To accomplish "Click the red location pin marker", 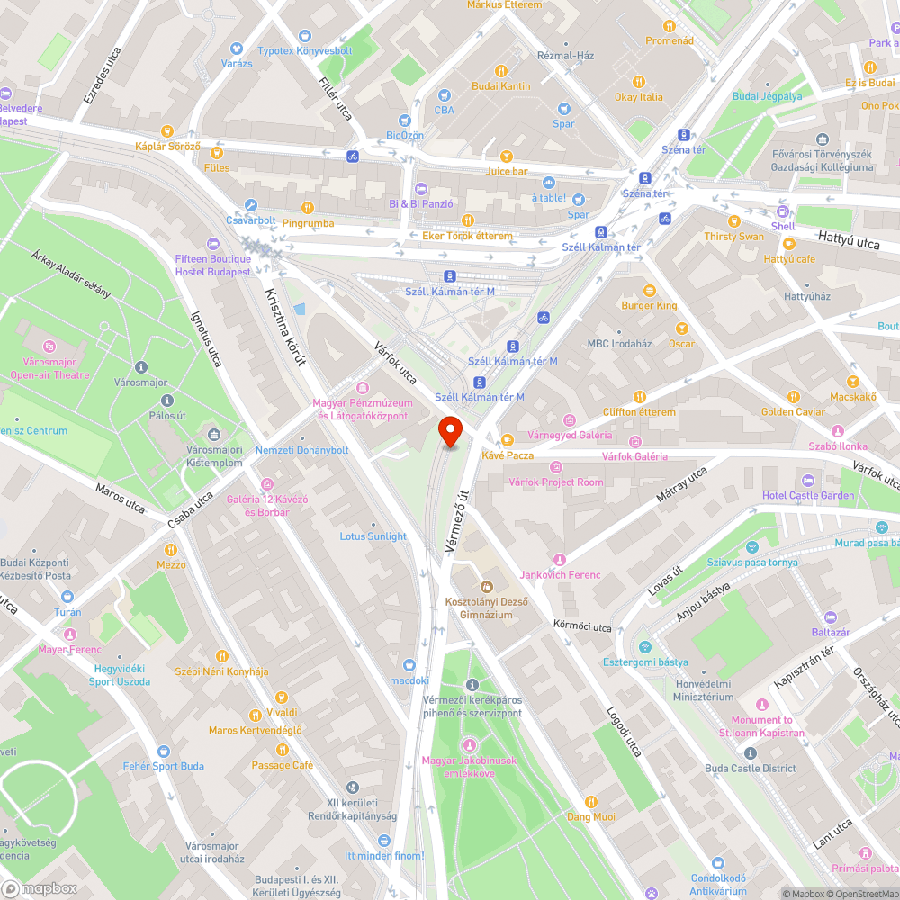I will [449, 432].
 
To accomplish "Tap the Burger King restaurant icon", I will [649, 290].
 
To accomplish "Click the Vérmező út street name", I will [457, 520].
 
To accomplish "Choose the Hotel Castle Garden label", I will [807, 496].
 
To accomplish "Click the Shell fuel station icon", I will [783, 211].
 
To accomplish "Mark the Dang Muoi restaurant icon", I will [591, 801].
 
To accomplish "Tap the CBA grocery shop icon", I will [444, 95].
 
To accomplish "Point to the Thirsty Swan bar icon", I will [733, 221].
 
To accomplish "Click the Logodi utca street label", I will [623, 731].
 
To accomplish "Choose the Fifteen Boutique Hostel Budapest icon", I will [213, 244].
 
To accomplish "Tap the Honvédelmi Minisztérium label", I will [706, 689].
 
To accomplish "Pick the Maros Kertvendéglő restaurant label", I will [256, 730].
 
